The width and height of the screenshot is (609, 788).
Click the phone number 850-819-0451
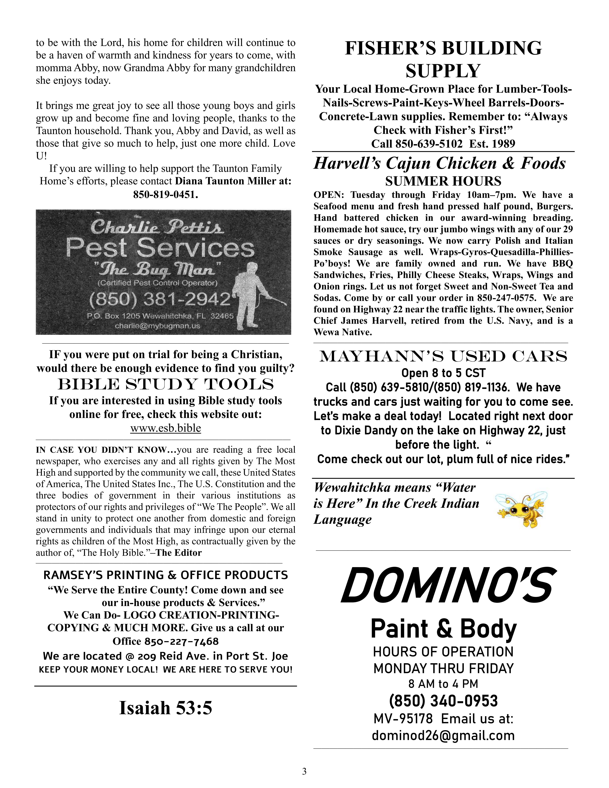166,195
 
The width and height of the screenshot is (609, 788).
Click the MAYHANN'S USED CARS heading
443,356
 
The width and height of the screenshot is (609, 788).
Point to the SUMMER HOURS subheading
443,181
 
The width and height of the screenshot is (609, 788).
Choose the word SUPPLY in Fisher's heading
443,71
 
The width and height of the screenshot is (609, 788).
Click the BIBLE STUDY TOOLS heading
166,385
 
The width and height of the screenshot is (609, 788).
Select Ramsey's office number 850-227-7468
182,641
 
